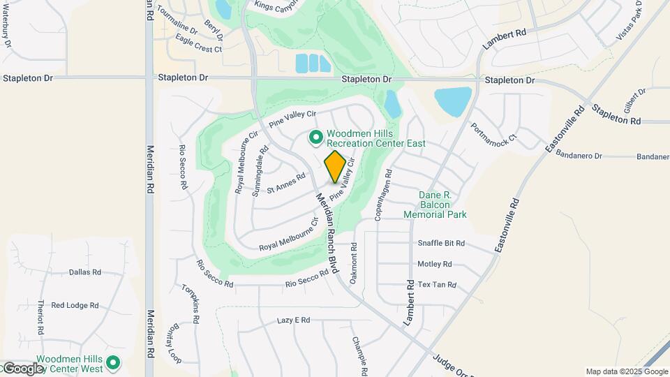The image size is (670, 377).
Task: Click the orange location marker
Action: point(335,166)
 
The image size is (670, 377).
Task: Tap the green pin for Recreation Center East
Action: point(315,138)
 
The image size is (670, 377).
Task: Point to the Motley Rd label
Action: point(434,265)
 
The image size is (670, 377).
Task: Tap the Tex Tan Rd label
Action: point(436,285)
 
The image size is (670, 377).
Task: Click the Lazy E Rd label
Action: point(293,320)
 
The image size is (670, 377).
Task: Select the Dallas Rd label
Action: point(85,272)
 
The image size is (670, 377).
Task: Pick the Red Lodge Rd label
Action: point(75,305)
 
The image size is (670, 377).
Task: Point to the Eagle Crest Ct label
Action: point(198,50)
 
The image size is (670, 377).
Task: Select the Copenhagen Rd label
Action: point(383,195)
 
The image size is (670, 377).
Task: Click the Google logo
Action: point(22,369)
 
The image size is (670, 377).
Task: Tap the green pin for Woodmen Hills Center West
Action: point(112,363)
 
